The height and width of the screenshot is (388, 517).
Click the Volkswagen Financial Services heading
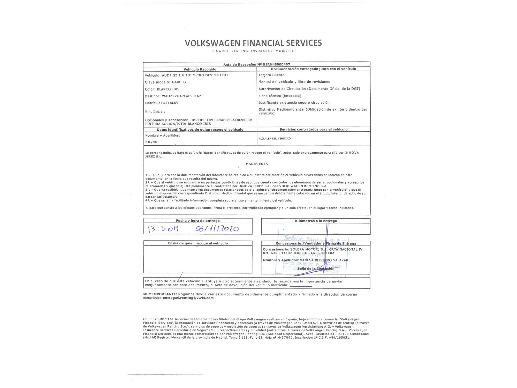click(253, 43)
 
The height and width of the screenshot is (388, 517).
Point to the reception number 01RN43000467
click(276, 64)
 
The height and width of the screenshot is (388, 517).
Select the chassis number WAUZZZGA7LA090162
click(181, 96)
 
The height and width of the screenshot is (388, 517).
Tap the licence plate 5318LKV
click(171, 103)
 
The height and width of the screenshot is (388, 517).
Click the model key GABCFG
click(179, 82)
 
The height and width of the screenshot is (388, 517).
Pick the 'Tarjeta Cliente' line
click(271, 75)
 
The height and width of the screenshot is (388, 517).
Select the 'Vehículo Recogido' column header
click(200, 69)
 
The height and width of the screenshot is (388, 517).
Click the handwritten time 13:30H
click(163, 229)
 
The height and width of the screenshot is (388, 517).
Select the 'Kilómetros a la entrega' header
click(316, 221)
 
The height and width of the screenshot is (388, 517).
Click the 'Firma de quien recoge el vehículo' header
click(198, 243)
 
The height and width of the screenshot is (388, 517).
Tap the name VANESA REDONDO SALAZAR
click(324, 260)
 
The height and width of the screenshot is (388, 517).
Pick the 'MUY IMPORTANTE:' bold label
click(160, 294)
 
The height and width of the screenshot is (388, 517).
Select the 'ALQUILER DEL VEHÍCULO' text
click(275, 139)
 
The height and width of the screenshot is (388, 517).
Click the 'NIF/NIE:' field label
click(152, 142)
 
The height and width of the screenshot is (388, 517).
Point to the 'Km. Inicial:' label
click(155, 112)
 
